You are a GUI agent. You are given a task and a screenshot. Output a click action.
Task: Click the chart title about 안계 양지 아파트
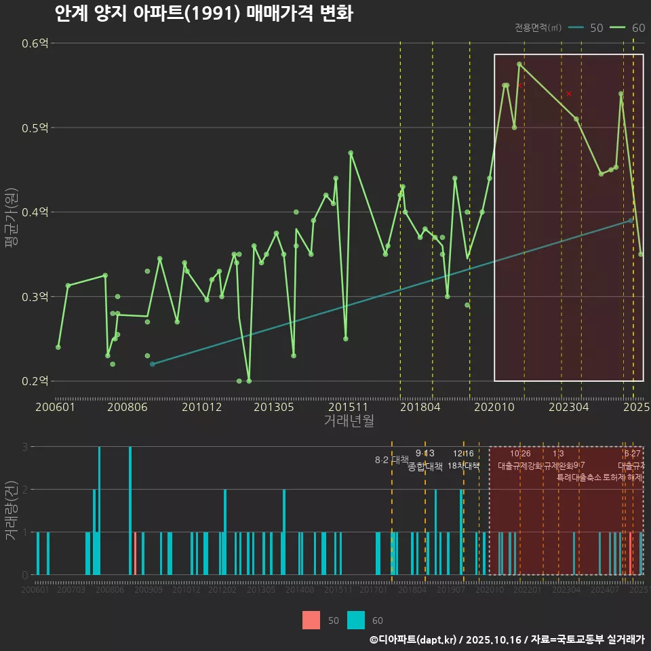tap(203, 14)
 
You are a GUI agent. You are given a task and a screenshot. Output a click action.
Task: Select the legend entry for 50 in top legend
tap(587, 28)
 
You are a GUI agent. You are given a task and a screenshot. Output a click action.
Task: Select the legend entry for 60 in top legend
tap(629, 28)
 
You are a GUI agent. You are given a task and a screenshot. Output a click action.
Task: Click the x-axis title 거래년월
tap(349, 421)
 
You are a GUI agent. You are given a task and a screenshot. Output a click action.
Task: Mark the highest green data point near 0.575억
tap(519, 64)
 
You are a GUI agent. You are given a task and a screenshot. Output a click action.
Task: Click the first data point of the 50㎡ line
tap(152, 364)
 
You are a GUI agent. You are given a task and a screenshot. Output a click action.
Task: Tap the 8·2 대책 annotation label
tap(392, 460)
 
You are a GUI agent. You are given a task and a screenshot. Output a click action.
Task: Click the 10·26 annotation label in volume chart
tap(520, 454)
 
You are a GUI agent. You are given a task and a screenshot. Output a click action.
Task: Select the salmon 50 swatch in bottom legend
tap(311, 620)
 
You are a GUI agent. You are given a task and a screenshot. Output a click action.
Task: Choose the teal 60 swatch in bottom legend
tap(356, 620)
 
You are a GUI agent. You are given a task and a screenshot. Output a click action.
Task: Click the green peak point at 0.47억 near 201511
tap(351, 153)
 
